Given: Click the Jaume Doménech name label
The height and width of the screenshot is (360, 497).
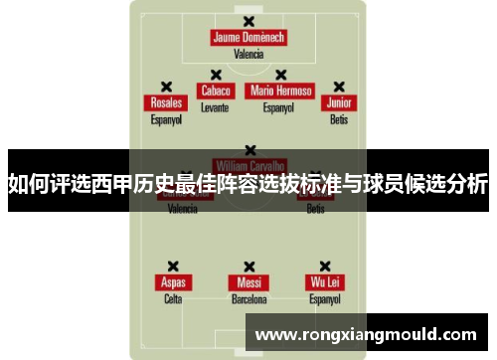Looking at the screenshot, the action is pyautogui.click(x=248, y=38).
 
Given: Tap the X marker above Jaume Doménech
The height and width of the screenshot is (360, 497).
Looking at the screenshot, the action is pyautogui.click(x=248, y=19).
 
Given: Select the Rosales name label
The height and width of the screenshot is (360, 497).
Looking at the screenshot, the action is pyautogui.click(x=166, y=103).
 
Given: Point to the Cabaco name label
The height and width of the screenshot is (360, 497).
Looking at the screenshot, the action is pyautogui.click(x=215, y=90).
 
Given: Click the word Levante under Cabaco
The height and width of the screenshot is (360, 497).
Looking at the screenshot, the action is pyautogui.click(x=215, y=106).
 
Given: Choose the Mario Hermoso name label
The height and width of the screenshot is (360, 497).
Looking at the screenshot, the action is pyautogui.click(x=281, y=90).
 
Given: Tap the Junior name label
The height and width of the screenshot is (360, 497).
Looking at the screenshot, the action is pyautogui.click(x=339, y=103).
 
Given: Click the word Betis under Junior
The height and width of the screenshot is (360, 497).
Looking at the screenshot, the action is pyautogui.click(x=339, y=119).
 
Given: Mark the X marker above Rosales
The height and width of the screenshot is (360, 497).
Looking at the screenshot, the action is pyautogui.click(x=166, y=87).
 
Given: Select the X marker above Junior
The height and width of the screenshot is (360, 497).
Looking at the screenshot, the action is pyautogui.click(x=339, y=87).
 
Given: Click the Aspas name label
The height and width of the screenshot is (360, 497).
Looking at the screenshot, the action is pyautogui.click(x=173, y=282).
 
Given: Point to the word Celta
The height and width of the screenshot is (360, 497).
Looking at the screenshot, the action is pyautogui.click(x=173, y=298).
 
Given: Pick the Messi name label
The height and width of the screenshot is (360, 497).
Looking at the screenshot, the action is pyautogui.click(x=248, y=282).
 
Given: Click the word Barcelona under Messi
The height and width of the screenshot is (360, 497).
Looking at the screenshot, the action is pyautogui.click(x=248, y=298).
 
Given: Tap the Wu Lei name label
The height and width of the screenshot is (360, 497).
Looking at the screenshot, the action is pyautogui.click(x=324, y=282).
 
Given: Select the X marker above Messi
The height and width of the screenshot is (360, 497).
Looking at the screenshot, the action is pyautogui.click(x=248, y=266).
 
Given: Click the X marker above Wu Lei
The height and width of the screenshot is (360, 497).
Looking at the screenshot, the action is pyautogui.click(x=324, y=266).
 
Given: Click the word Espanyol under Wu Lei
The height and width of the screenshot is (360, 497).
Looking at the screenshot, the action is pyautogui.click(x=324, y=298).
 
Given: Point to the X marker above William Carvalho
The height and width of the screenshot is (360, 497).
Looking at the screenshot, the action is pyautogui.click(x=248, y=150).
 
